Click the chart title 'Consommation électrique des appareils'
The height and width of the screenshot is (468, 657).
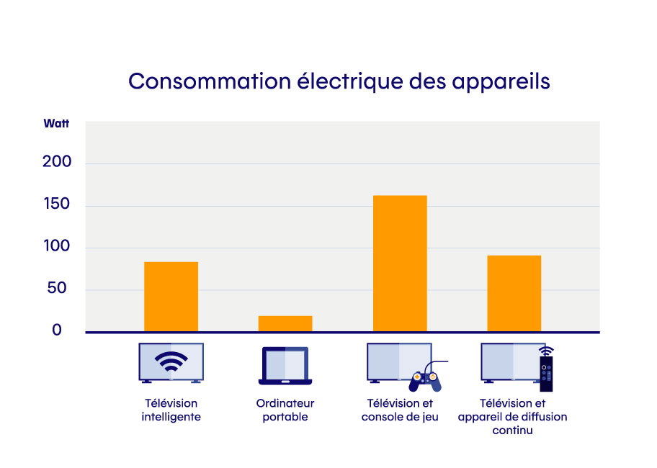coord(339,81)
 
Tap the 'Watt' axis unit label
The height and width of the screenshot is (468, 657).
coord(56,123)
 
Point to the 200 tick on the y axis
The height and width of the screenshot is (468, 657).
coord(57,162)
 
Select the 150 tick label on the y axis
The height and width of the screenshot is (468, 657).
coord(57,204)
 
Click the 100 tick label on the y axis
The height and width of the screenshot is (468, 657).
coord(57,247)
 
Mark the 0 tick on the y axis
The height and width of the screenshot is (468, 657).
coord(57,330)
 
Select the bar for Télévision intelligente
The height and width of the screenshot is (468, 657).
coord(171,296)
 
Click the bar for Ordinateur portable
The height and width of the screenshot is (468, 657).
coord(285,323)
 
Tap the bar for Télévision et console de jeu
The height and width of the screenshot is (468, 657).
coord(400,264)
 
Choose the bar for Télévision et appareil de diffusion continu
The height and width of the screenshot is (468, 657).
coord(514,293)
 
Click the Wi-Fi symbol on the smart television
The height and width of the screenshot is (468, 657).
coord(171,361)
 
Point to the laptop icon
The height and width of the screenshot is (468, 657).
coord(285,365)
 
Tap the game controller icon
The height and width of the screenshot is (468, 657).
coord(424,379)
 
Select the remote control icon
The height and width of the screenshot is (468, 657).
coord(547,370)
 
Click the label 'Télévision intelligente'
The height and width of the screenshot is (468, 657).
coord(171,410)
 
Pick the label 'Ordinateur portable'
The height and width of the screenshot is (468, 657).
coord(285,410)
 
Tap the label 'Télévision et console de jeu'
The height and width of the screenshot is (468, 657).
coord(400,410)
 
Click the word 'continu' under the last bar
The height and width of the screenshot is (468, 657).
coord(512,431)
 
